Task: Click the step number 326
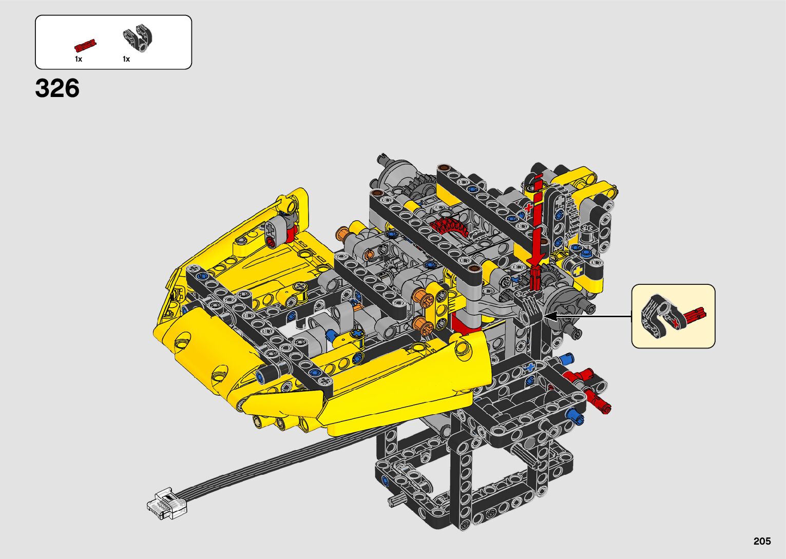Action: click(57, 88)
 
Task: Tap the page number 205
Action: click(762, 541)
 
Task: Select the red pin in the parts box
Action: click(85, 46)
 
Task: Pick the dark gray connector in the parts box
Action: click(138, 38)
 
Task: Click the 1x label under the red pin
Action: click(79, 59)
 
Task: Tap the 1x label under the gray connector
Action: click(126, 59)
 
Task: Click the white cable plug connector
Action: click(167, 503)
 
